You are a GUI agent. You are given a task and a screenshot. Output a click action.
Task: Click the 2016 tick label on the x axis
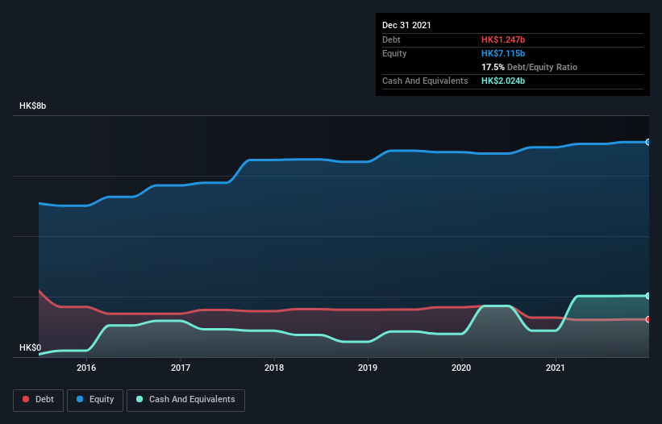86,368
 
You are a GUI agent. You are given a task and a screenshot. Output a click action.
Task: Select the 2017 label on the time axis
181,368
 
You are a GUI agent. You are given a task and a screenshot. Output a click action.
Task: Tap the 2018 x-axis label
274,368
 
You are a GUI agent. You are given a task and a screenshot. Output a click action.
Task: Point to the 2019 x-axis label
368,368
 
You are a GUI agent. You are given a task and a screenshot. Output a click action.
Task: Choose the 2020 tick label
461,368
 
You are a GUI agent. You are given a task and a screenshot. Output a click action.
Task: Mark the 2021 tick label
556,368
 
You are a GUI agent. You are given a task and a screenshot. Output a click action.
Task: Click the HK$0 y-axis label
30,348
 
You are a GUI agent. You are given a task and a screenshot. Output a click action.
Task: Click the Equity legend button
95,399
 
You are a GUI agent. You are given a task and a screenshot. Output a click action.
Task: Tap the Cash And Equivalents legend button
185,399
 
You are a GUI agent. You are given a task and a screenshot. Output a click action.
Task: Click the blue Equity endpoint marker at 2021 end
647,142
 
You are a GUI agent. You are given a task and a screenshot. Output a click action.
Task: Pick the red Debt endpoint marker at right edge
647,319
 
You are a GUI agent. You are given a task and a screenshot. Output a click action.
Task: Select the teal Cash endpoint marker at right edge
647,296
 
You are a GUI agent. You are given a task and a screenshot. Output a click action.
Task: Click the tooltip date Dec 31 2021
406,25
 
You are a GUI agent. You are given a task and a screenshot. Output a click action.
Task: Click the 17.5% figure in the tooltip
493,67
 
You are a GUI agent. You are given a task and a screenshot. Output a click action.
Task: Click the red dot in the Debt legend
27,399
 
